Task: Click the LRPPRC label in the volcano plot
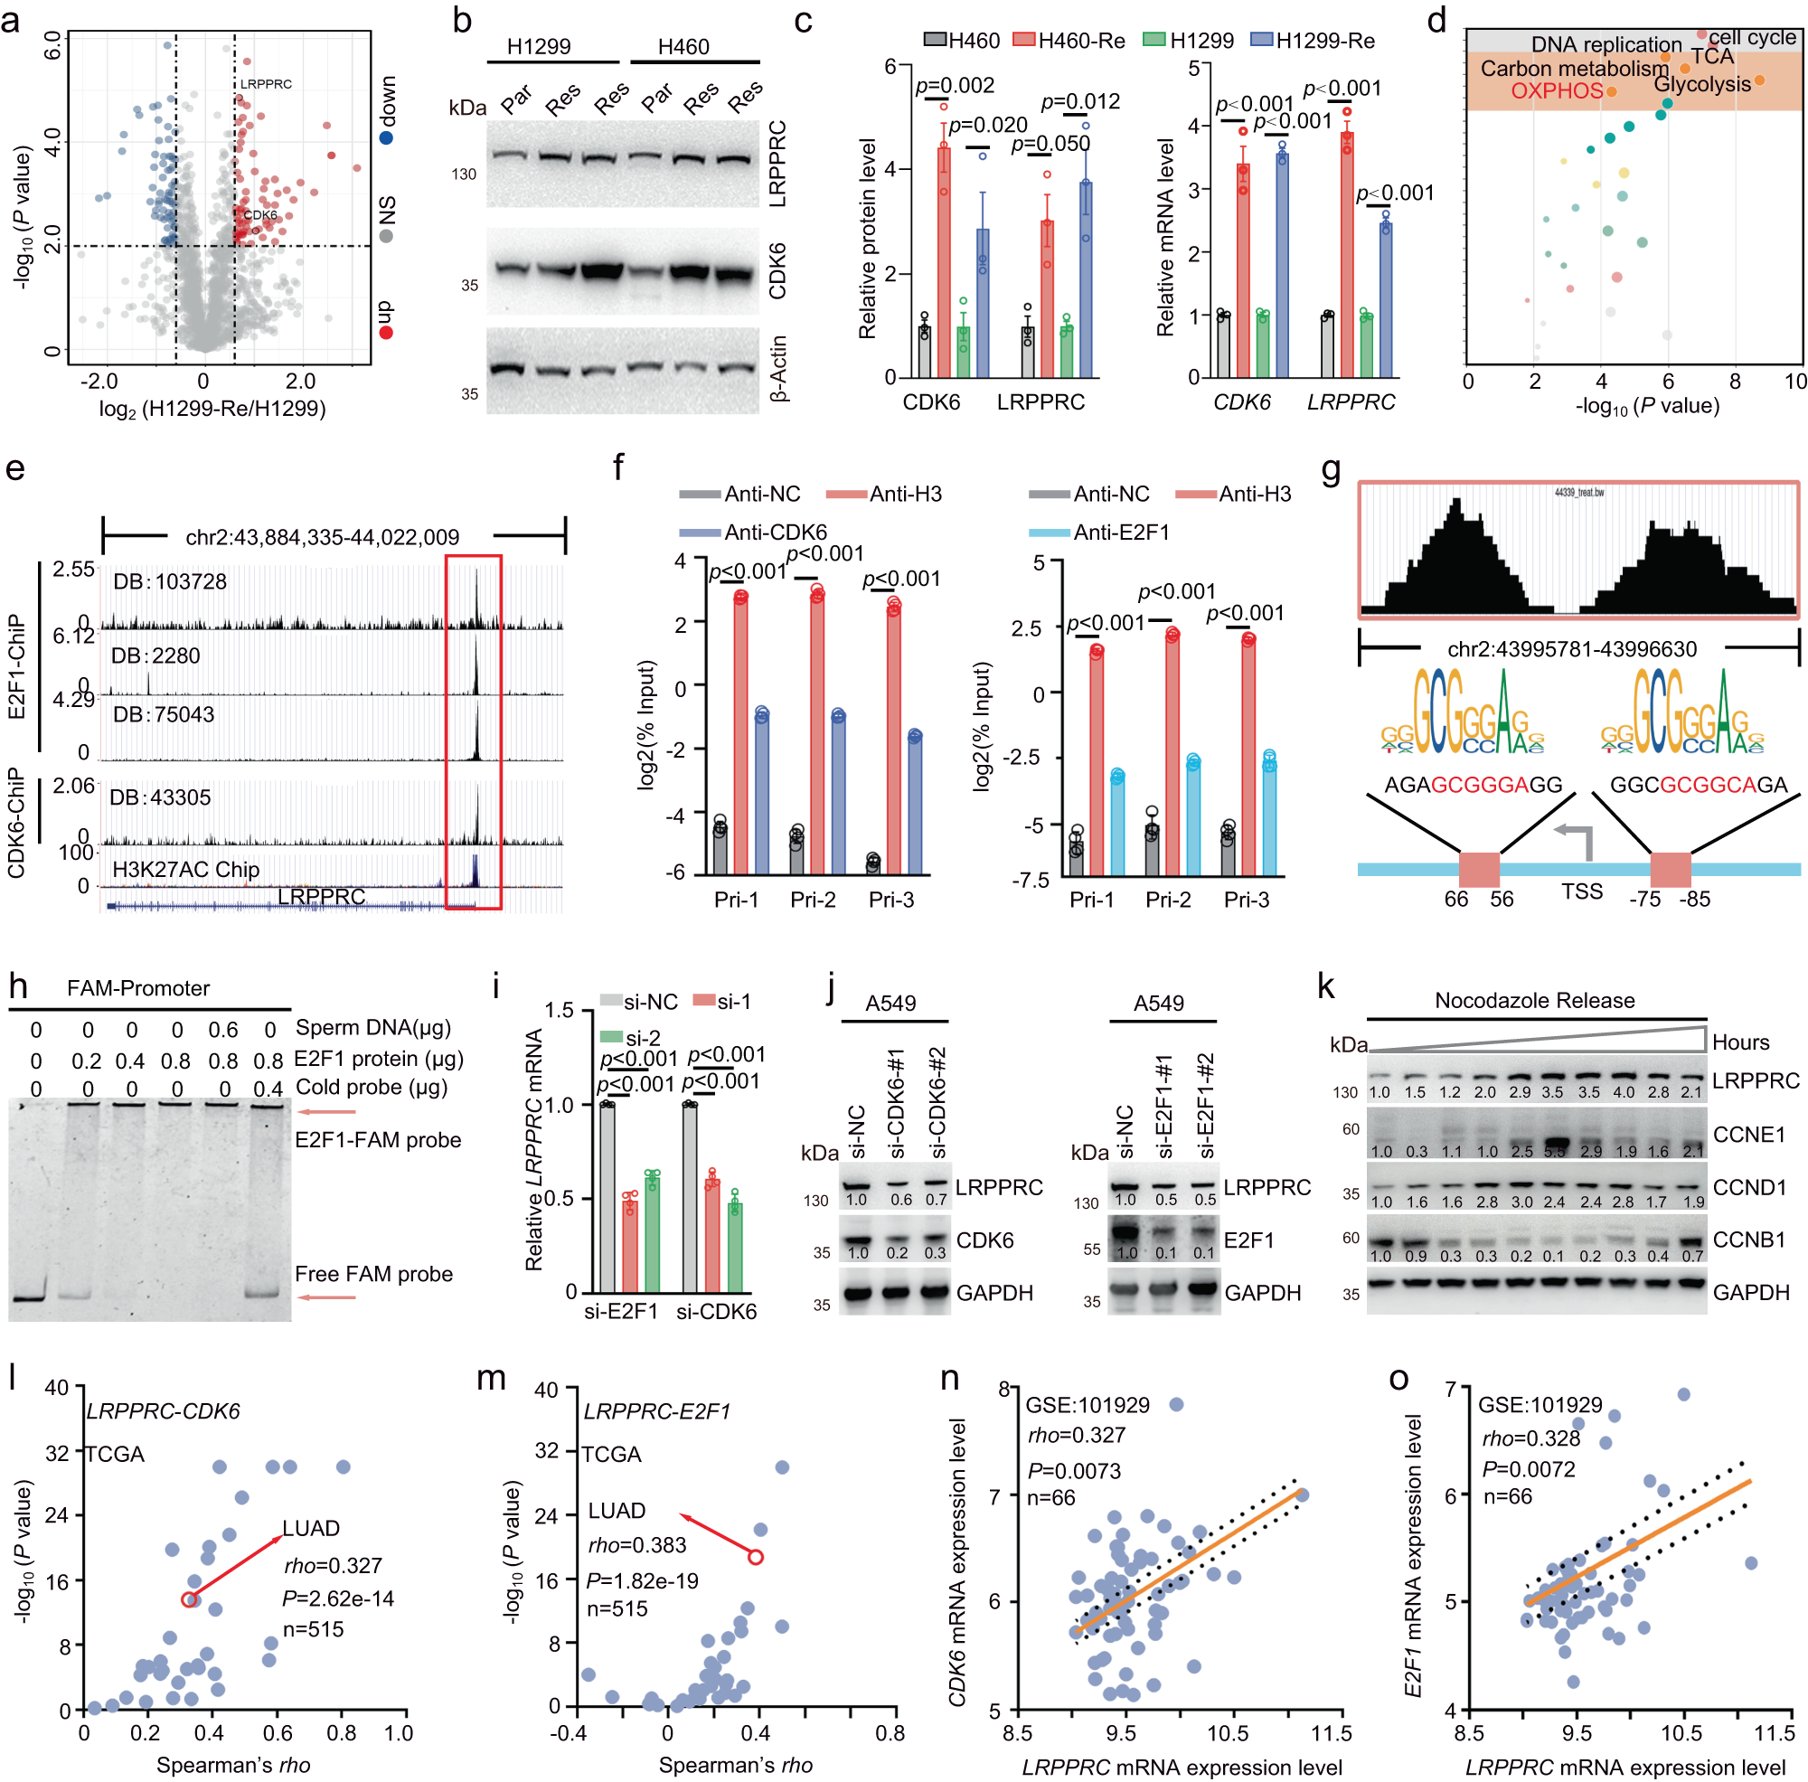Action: pyautogui.click(x=266, y=84)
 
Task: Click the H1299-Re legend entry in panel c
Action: pyautogui.click(x=1314, y=41)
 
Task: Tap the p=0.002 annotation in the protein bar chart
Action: pyautogui.click(x=955, y=86)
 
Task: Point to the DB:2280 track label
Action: pyautogui.click(x=155, y=656)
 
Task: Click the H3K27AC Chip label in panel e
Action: pyautogui.click(x=185, y=870)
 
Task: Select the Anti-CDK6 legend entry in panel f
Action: pyautogui.click(x=775, y=533)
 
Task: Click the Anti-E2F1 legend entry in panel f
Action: pyautogui.click(x=1122, y=533)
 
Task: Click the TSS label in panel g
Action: pyautogui.click(x=1581, y=892)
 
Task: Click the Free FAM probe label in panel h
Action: pyautogui.click(x=373, y=1275)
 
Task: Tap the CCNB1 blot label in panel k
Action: pyautogui.click(x=1749, y=1240)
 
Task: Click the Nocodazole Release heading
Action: pyautogui.click(x=1535, y=1001)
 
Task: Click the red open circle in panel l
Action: pyautogui.click(x=189, y=1599)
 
